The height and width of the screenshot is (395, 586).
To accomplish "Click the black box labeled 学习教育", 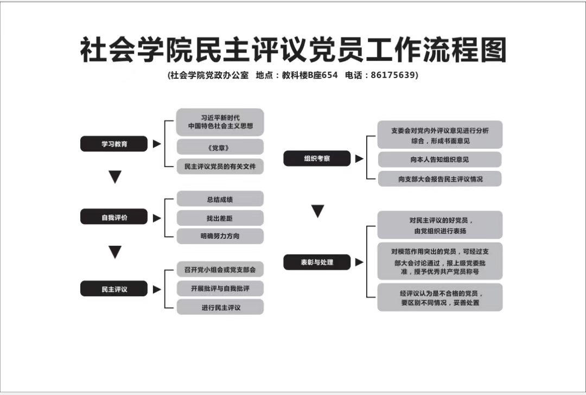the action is tap(114, 144).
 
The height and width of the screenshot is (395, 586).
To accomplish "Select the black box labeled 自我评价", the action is tap(114, 217).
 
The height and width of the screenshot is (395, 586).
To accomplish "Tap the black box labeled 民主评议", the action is tap(114, 289).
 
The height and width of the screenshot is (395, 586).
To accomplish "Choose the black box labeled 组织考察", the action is tap(317, 158).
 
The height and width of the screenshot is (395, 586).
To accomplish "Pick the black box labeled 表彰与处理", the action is tap(317, 262).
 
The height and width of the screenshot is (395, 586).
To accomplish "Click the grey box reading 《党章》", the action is tap(220, 147).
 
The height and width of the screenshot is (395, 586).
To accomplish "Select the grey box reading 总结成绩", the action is tap(220, 199).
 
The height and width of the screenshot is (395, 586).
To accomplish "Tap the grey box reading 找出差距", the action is tap(220, 218).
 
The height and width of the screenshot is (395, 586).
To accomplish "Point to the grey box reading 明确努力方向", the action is tap(220, 236).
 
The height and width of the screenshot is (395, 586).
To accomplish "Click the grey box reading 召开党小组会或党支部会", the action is tap(220, 270).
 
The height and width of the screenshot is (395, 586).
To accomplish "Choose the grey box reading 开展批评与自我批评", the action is tap(220, 289).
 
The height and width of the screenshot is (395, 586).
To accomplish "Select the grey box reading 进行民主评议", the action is tap(220, 307).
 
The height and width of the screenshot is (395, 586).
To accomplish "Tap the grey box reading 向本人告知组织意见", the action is tap(440, 160).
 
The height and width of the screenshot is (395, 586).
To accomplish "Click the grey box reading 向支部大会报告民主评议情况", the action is tap(440, 179).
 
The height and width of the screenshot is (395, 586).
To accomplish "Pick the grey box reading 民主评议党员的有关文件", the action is tap(220, 167).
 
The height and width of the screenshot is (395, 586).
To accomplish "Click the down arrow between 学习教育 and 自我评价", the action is tap(115, 177).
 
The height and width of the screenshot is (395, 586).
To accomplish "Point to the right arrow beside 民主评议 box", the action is tap(157, 289).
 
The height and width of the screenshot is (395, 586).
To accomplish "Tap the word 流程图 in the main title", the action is tap(465, 50).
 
